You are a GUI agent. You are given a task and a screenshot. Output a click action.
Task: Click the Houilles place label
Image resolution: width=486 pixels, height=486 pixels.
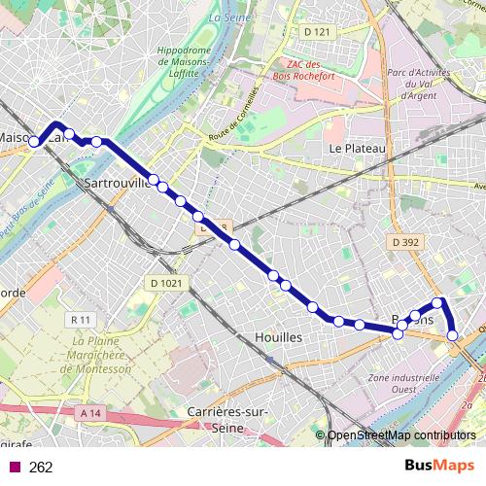[278, 335]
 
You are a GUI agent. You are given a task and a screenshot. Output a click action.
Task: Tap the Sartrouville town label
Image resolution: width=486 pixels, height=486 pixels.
[118, 182]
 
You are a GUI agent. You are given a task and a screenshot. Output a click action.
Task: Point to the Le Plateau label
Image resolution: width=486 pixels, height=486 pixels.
[358, 148]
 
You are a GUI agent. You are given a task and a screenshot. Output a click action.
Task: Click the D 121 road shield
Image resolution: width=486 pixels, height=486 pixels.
[317, 32]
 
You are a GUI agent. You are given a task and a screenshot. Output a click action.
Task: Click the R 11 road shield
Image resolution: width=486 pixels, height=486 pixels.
[81, 319]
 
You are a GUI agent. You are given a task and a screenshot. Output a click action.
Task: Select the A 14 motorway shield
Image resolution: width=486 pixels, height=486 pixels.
[90, 413]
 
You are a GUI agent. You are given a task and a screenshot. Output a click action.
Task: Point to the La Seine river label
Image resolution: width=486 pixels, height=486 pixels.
[228, 17]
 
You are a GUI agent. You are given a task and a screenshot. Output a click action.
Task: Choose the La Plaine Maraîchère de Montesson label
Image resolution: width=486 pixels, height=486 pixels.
[101, 356]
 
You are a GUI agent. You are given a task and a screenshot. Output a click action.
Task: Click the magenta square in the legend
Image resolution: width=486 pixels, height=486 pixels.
[14, 468]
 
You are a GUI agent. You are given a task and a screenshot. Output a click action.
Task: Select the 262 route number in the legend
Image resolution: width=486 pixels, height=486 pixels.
[41, 468]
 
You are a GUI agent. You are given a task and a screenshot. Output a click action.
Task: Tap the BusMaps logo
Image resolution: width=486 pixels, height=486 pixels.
[439, 467]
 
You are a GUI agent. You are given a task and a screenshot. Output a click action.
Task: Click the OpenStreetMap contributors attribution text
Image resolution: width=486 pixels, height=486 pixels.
[401, 435]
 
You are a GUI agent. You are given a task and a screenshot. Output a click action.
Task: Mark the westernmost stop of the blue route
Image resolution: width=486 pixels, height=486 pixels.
[34, 142]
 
